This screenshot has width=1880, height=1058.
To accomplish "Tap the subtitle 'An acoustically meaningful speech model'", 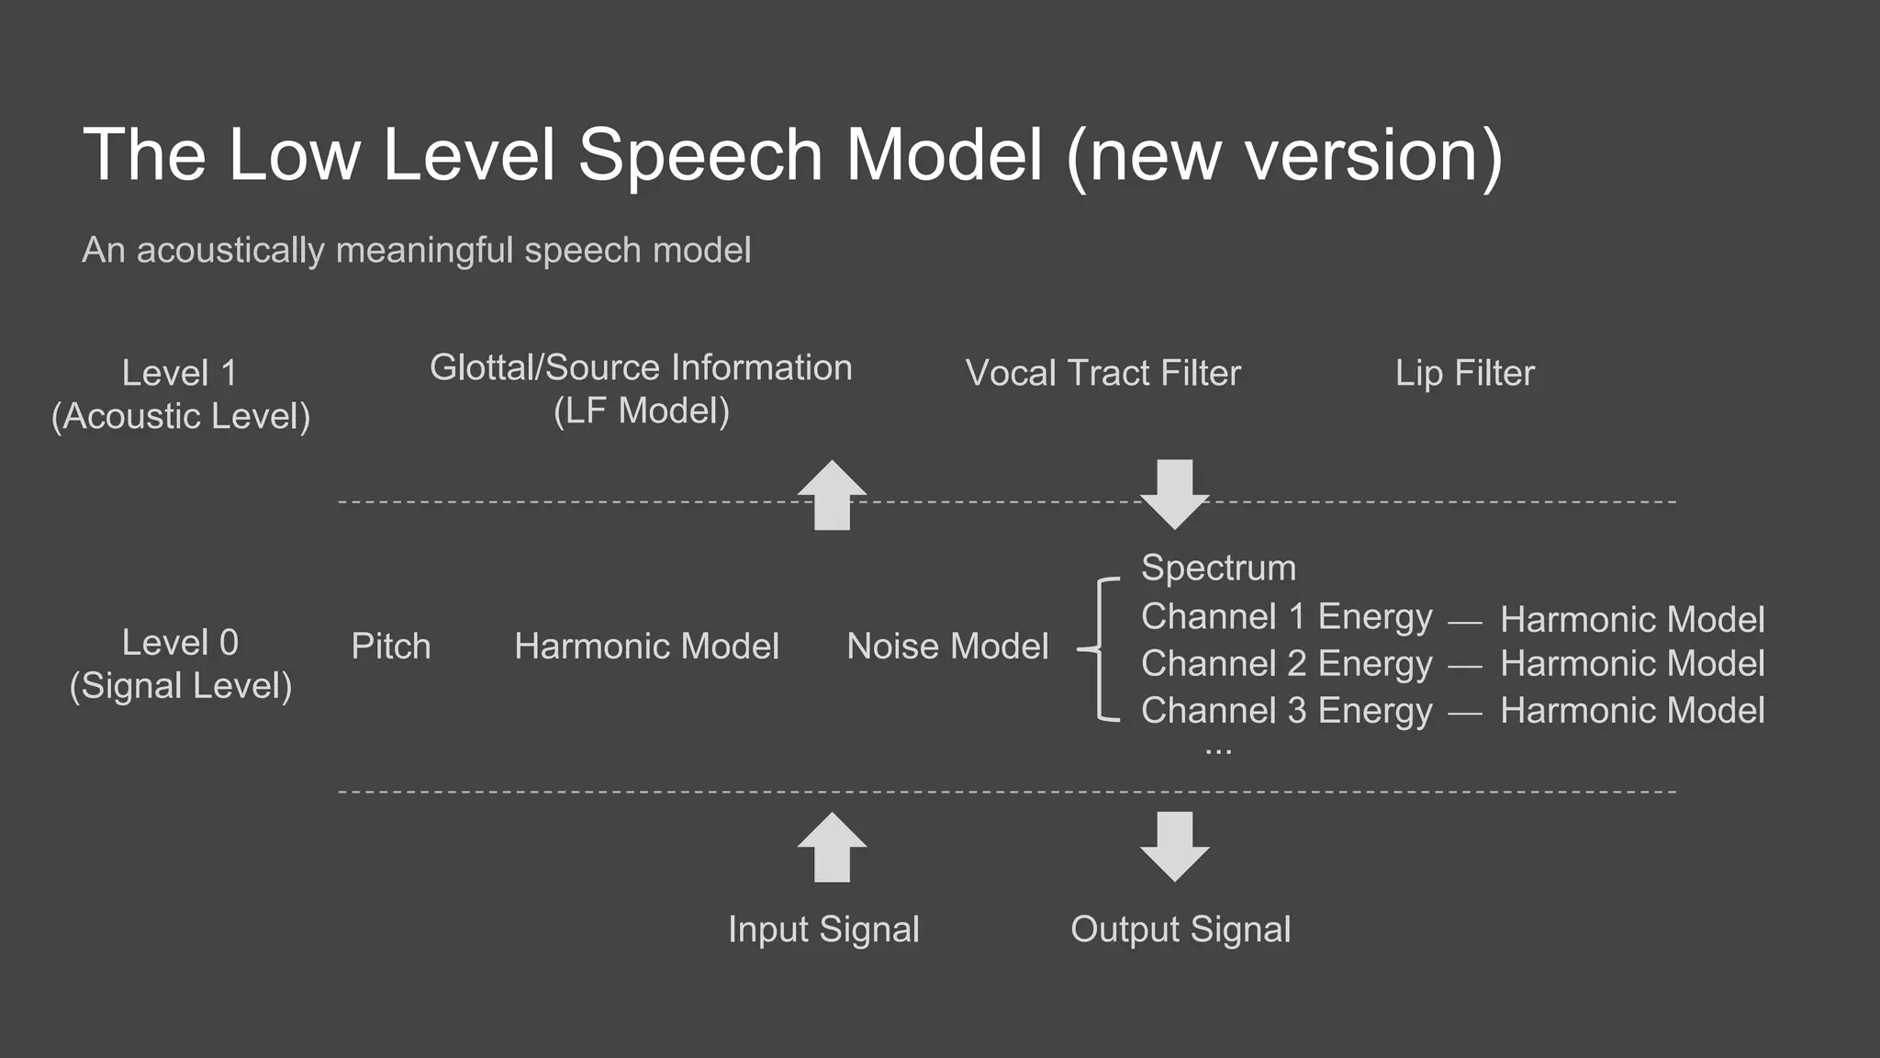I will coord(416,250).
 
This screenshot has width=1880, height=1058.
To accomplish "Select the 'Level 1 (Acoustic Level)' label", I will coord(181,394).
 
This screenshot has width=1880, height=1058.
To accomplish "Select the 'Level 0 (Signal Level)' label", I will coord(181,663).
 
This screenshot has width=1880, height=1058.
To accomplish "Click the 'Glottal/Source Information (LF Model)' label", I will coord(641,388).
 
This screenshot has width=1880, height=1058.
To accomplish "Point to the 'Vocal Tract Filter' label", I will coord(1102,373).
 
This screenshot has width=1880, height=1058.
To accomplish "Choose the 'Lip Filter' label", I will coord(1464,373).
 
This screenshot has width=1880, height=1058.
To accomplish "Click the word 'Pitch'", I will coord(390,647).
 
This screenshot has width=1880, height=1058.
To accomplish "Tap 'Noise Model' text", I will coord(947,647).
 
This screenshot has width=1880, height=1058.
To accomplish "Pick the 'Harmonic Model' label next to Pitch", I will coord(646,647).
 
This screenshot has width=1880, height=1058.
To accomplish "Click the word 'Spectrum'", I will coord(1218,568).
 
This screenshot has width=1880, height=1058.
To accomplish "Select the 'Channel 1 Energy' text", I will coord(1286,617).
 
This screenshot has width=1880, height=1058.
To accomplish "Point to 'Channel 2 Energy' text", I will coord(1286,664).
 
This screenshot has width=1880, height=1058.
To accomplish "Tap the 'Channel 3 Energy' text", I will coord(1286,711).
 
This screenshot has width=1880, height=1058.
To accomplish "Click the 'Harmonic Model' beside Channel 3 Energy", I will coord(1632,711).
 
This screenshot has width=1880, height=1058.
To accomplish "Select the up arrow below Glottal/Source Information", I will coord(832,495).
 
